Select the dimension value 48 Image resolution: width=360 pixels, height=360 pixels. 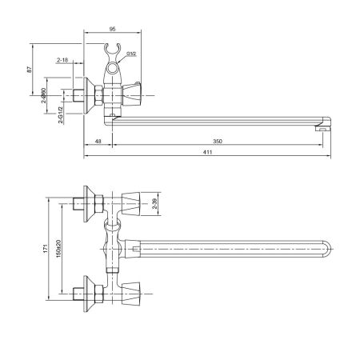(97, 142)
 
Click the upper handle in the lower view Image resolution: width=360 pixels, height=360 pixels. (134, 203)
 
